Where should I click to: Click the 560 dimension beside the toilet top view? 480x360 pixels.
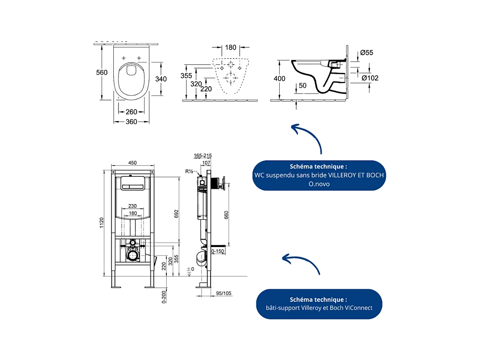click(102, 73)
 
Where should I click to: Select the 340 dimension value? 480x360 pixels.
click(161, 79)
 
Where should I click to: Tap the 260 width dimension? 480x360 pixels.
click(131, 112)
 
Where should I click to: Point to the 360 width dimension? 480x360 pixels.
click(131, 122)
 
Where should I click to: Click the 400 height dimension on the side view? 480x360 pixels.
click(280, 79)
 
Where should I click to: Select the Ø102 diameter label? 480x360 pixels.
click(370, 78)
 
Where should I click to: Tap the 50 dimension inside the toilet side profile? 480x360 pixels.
click(302, 86)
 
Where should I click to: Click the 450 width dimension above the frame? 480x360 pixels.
click(133, 163)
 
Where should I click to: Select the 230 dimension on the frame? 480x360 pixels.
click(132, 206)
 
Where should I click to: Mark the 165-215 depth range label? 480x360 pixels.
click(203, 156)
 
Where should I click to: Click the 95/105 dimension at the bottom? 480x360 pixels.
click(224, 294)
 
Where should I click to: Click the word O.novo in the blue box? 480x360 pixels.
click(318, 184)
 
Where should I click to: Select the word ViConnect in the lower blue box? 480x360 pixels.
click(356, 308)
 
